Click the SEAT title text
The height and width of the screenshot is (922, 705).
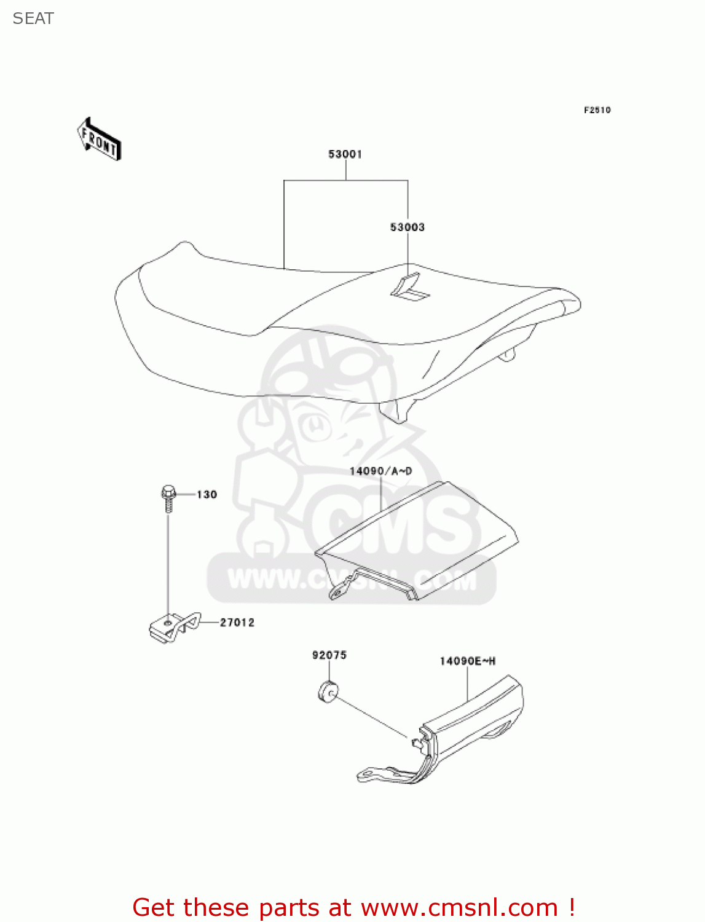tap(33, 18)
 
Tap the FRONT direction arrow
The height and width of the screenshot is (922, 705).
tap(99, 139)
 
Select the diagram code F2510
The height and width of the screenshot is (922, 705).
tap(597, 110)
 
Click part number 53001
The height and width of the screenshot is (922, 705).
tap(345, 154)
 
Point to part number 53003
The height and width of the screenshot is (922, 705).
tap(407, 227)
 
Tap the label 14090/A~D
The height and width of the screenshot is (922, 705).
tap(380, 471)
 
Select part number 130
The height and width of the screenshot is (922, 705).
tap(207, 495)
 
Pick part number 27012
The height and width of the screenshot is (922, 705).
tap(237, 623)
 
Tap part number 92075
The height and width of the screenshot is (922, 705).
tap(329, 655)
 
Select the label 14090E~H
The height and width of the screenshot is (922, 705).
tap(467, 661)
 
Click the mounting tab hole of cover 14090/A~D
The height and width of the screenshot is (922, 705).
tap(336, 593)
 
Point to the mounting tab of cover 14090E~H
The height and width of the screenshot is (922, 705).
tap(369, 774)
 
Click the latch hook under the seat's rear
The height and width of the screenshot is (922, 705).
tap(508, 355)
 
